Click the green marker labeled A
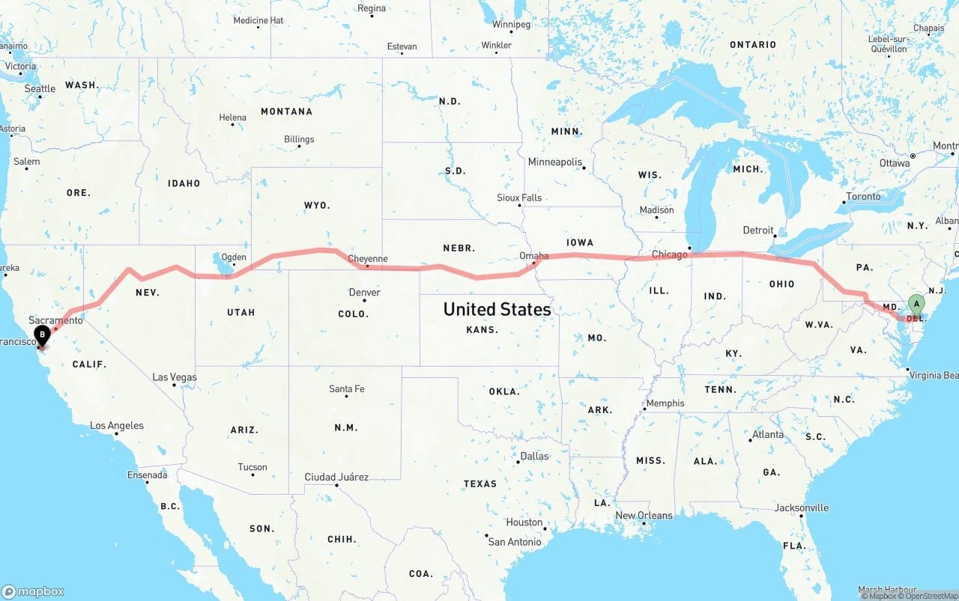[916, 304]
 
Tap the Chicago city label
[669, 254]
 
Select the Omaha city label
[533, 256]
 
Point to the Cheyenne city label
[368, 259]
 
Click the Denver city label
[364, 292]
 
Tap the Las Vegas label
[175, 377]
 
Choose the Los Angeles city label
[117, 426]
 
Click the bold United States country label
[497, 309]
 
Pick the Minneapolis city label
[555, 162]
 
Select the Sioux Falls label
[519, 198]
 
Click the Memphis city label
[665, 403]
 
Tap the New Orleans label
[644, 516]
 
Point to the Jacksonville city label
[802, 508]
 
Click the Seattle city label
[40, 88]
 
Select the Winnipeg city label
[512, 25]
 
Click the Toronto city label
[863, 197]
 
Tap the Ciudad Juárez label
[336, 477]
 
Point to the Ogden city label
[234, 257]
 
